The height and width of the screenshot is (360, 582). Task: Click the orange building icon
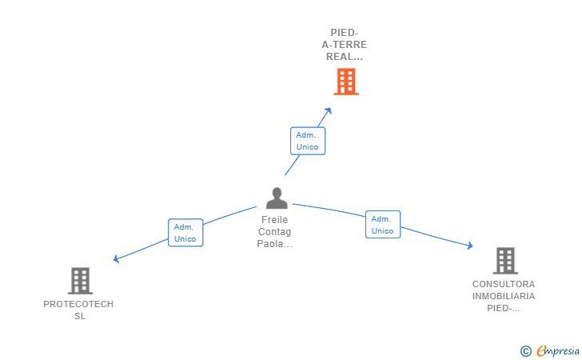346,82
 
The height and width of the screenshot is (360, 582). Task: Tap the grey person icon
277,198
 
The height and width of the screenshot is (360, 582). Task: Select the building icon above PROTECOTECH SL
80,281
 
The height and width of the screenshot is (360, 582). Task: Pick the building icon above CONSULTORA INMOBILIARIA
505,261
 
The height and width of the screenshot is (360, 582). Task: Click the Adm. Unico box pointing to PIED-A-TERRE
308,141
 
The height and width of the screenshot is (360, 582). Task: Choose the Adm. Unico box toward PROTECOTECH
185,233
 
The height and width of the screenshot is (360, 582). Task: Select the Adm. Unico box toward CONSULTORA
383,224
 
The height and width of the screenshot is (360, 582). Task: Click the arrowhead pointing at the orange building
328,110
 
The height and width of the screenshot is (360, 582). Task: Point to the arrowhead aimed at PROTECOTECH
116,258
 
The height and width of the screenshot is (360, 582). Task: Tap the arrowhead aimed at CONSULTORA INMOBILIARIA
470,246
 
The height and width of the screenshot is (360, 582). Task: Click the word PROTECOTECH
78,304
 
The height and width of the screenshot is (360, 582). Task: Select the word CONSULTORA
504,284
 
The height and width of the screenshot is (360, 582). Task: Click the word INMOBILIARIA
504,296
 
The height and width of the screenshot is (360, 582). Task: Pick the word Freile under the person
275,220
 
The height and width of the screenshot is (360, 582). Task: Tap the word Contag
275,232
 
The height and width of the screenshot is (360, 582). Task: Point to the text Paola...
270,244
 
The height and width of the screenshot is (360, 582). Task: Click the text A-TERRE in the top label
344,45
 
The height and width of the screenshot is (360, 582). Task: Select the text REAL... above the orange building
345,57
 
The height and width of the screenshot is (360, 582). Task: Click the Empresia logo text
558,350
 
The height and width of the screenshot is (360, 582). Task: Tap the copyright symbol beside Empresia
526,351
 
